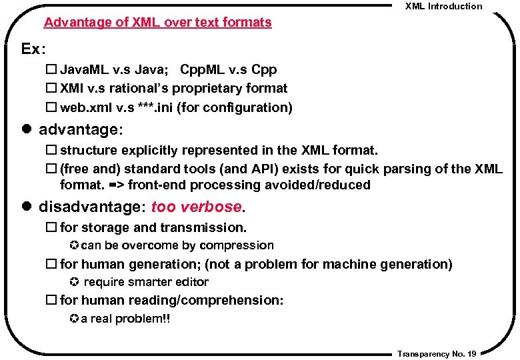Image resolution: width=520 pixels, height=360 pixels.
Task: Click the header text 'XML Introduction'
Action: [x=443, y=7]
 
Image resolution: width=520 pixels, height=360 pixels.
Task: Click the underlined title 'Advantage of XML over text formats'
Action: [x=158, y=23]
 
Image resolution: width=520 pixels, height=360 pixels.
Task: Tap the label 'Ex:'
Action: [x=34, y=49]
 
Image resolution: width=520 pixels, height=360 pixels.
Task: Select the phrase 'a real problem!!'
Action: [x=125, y=319]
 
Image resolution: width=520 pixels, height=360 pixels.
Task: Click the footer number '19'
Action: [x=471, y=354]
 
